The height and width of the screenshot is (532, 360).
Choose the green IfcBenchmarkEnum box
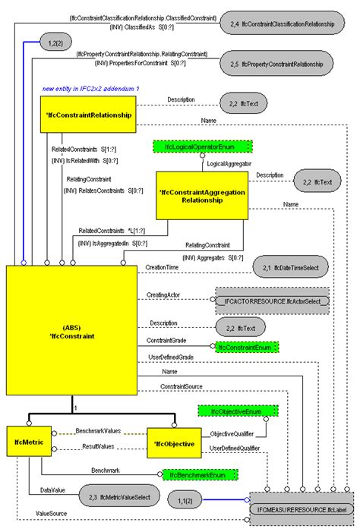(x=199, y=474)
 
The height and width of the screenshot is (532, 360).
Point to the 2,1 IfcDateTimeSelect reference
(x=289, y=267)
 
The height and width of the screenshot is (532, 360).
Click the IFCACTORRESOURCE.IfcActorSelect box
(x=272, y=301)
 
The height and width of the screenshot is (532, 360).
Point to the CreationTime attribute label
(x=162, y=267)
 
